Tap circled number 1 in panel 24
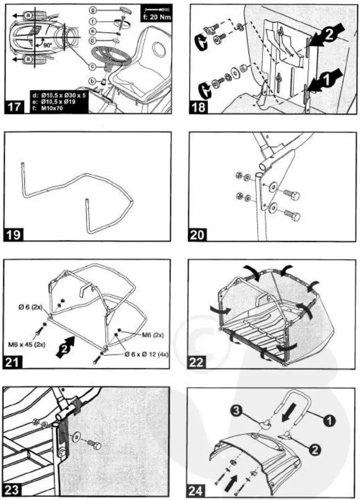coord(335,421)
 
